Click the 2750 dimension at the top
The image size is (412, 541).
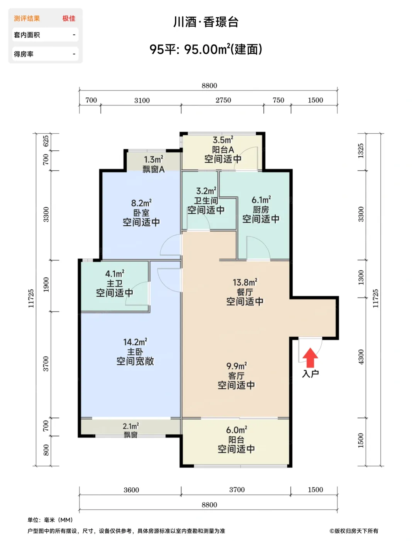tap(223, 100)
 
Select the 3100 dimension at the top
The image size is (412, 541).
tap(142, 100)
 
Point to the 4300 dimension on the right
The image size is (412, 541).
tap(361, 357)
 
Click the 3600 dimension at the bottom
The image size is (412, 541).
tap(131, 490)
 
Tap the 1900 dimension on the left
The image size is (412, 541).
tap(46, 285)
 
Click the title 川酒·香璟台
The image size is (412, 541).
tap(206, 22)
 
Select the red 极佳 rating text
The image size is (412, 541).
tap(69, 19)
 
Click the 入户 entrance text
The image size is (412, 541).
tap(310, 374)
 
